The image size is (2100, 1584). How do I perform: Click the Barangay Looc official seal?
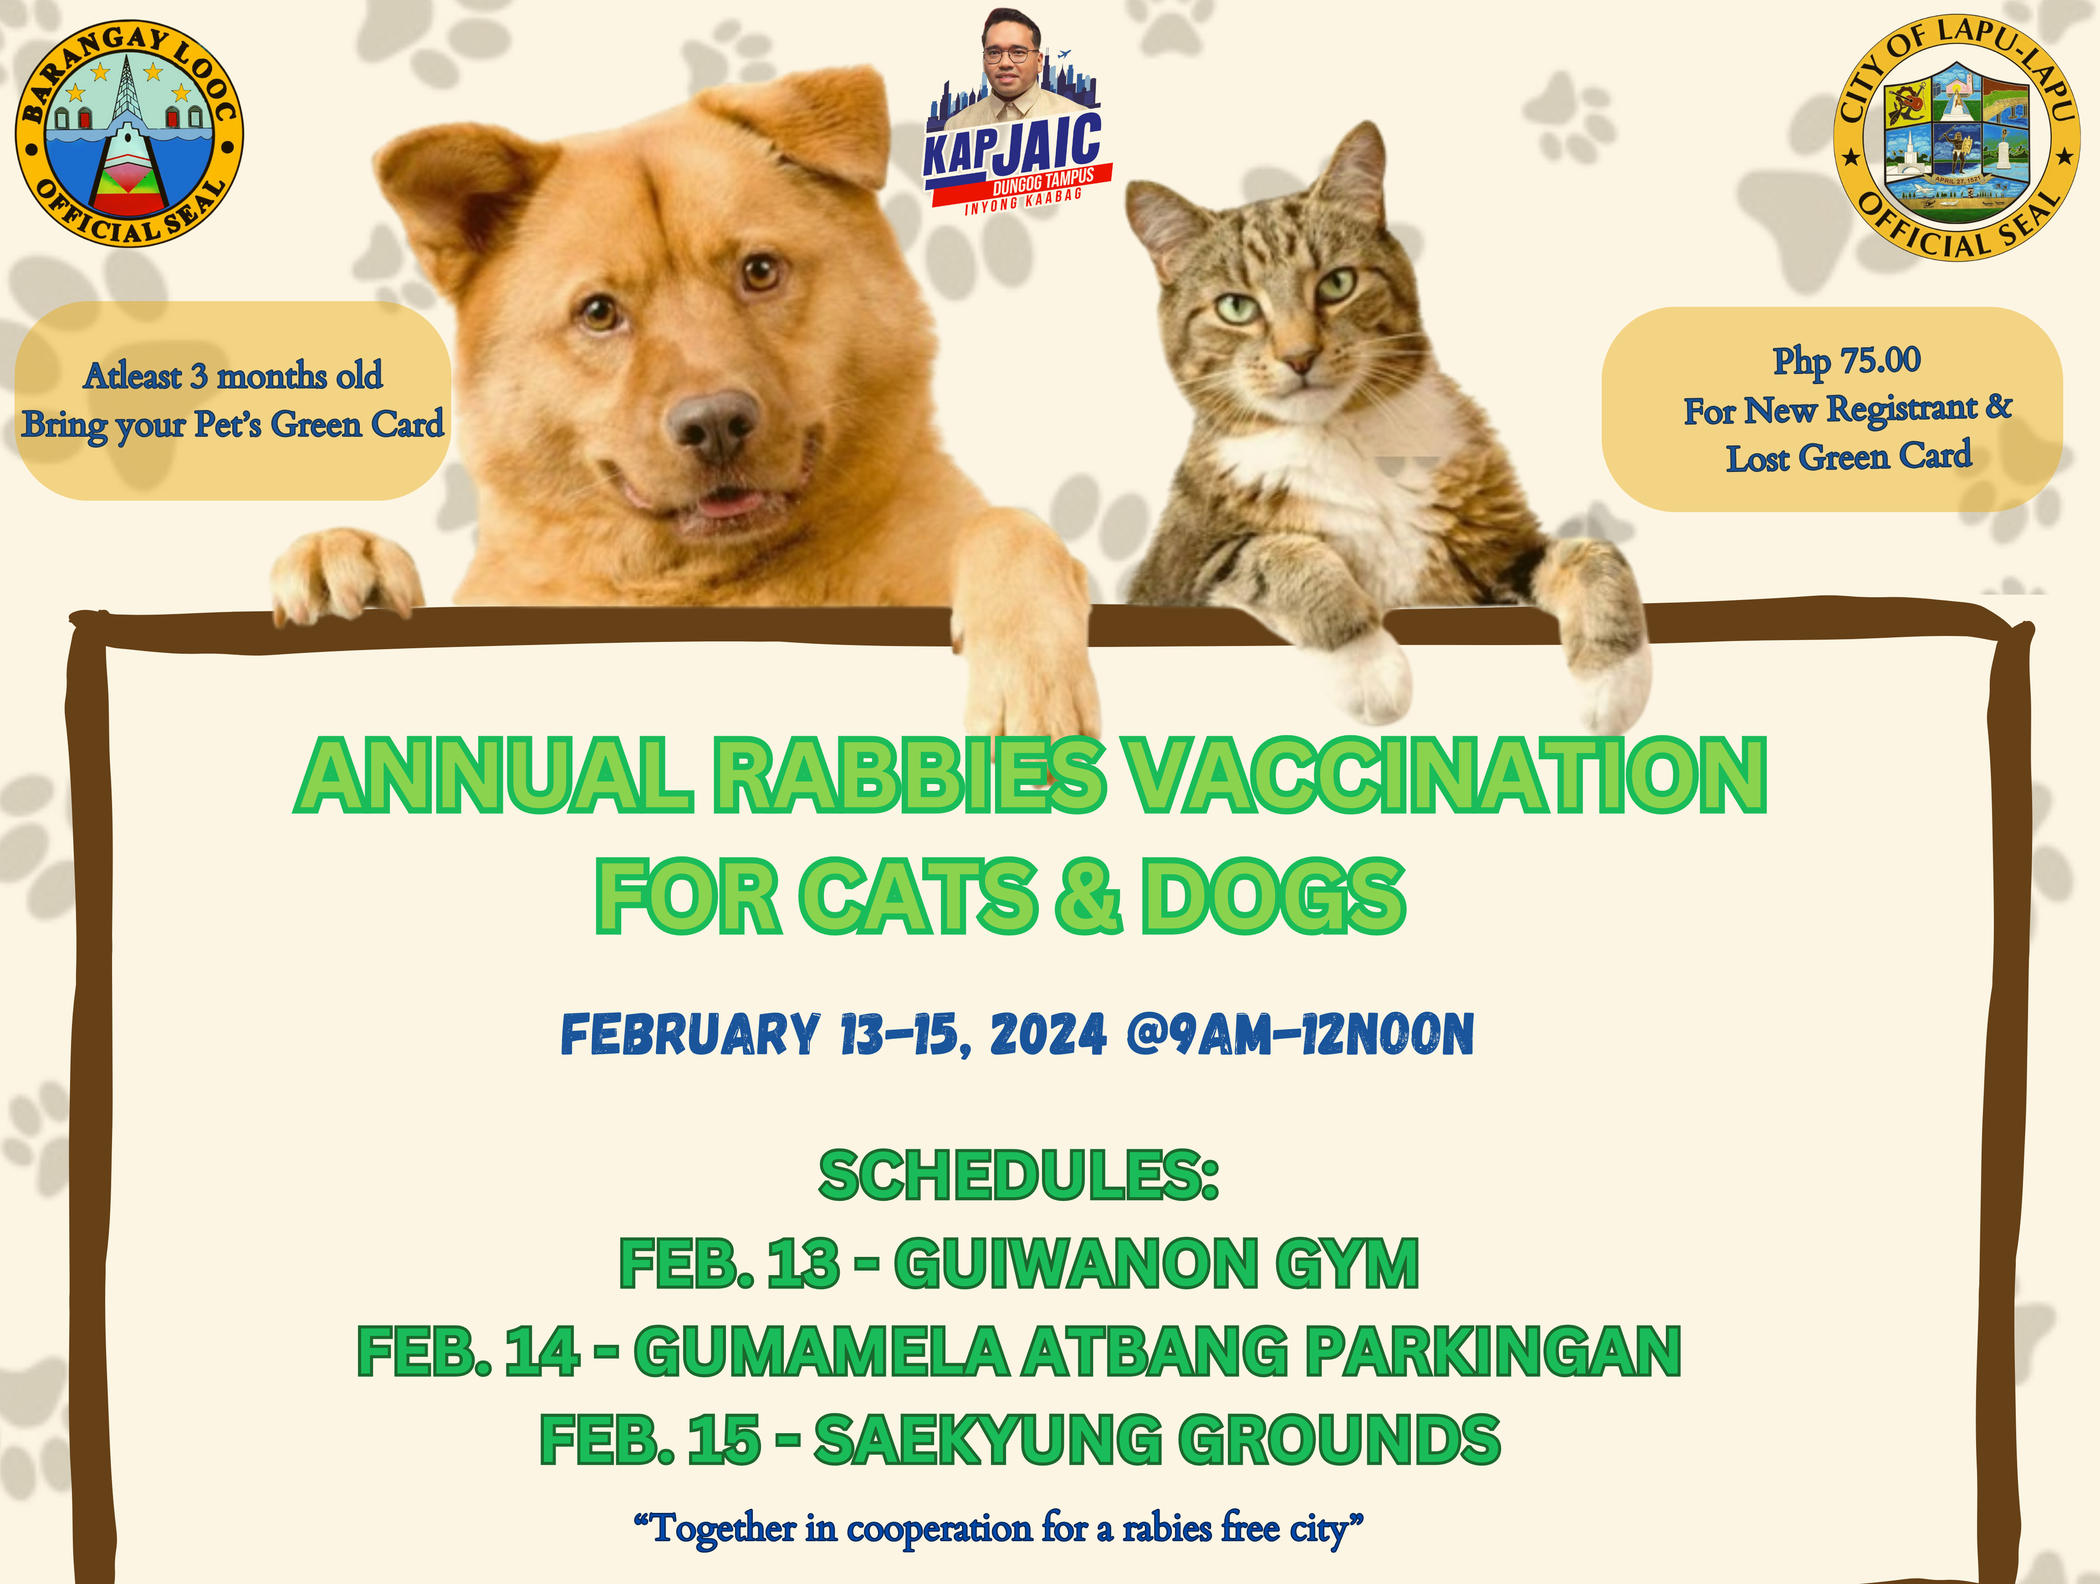point(129,133)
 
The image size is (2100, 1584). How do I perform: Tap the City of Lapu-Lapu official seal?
point(1956,138)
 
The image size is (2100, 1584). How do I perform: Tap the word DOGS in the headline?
point(1272,895)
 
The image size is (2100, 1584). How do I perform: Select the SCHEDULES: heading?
point(1019,1176)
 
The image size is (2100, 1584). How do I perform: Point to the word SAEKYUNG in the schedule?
point(987,1440)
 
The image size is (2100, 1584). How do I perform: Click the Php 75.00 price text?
point(1847,361)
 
